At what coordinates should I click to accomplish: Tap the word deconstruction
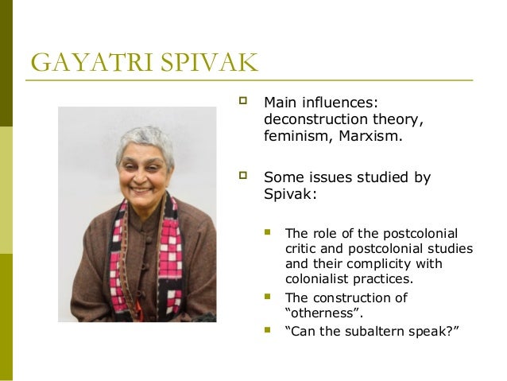[x=312, y=120]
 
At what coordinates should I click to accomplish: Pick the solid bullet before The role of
[x=268, y=232]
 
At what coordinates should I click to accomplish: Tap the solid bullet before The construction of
[x=268, y=297]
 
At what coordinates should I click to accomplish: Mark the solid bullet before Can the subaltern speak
[x=268, y=329]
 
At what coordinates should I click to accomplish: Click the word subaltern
[x=372, y=329]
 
